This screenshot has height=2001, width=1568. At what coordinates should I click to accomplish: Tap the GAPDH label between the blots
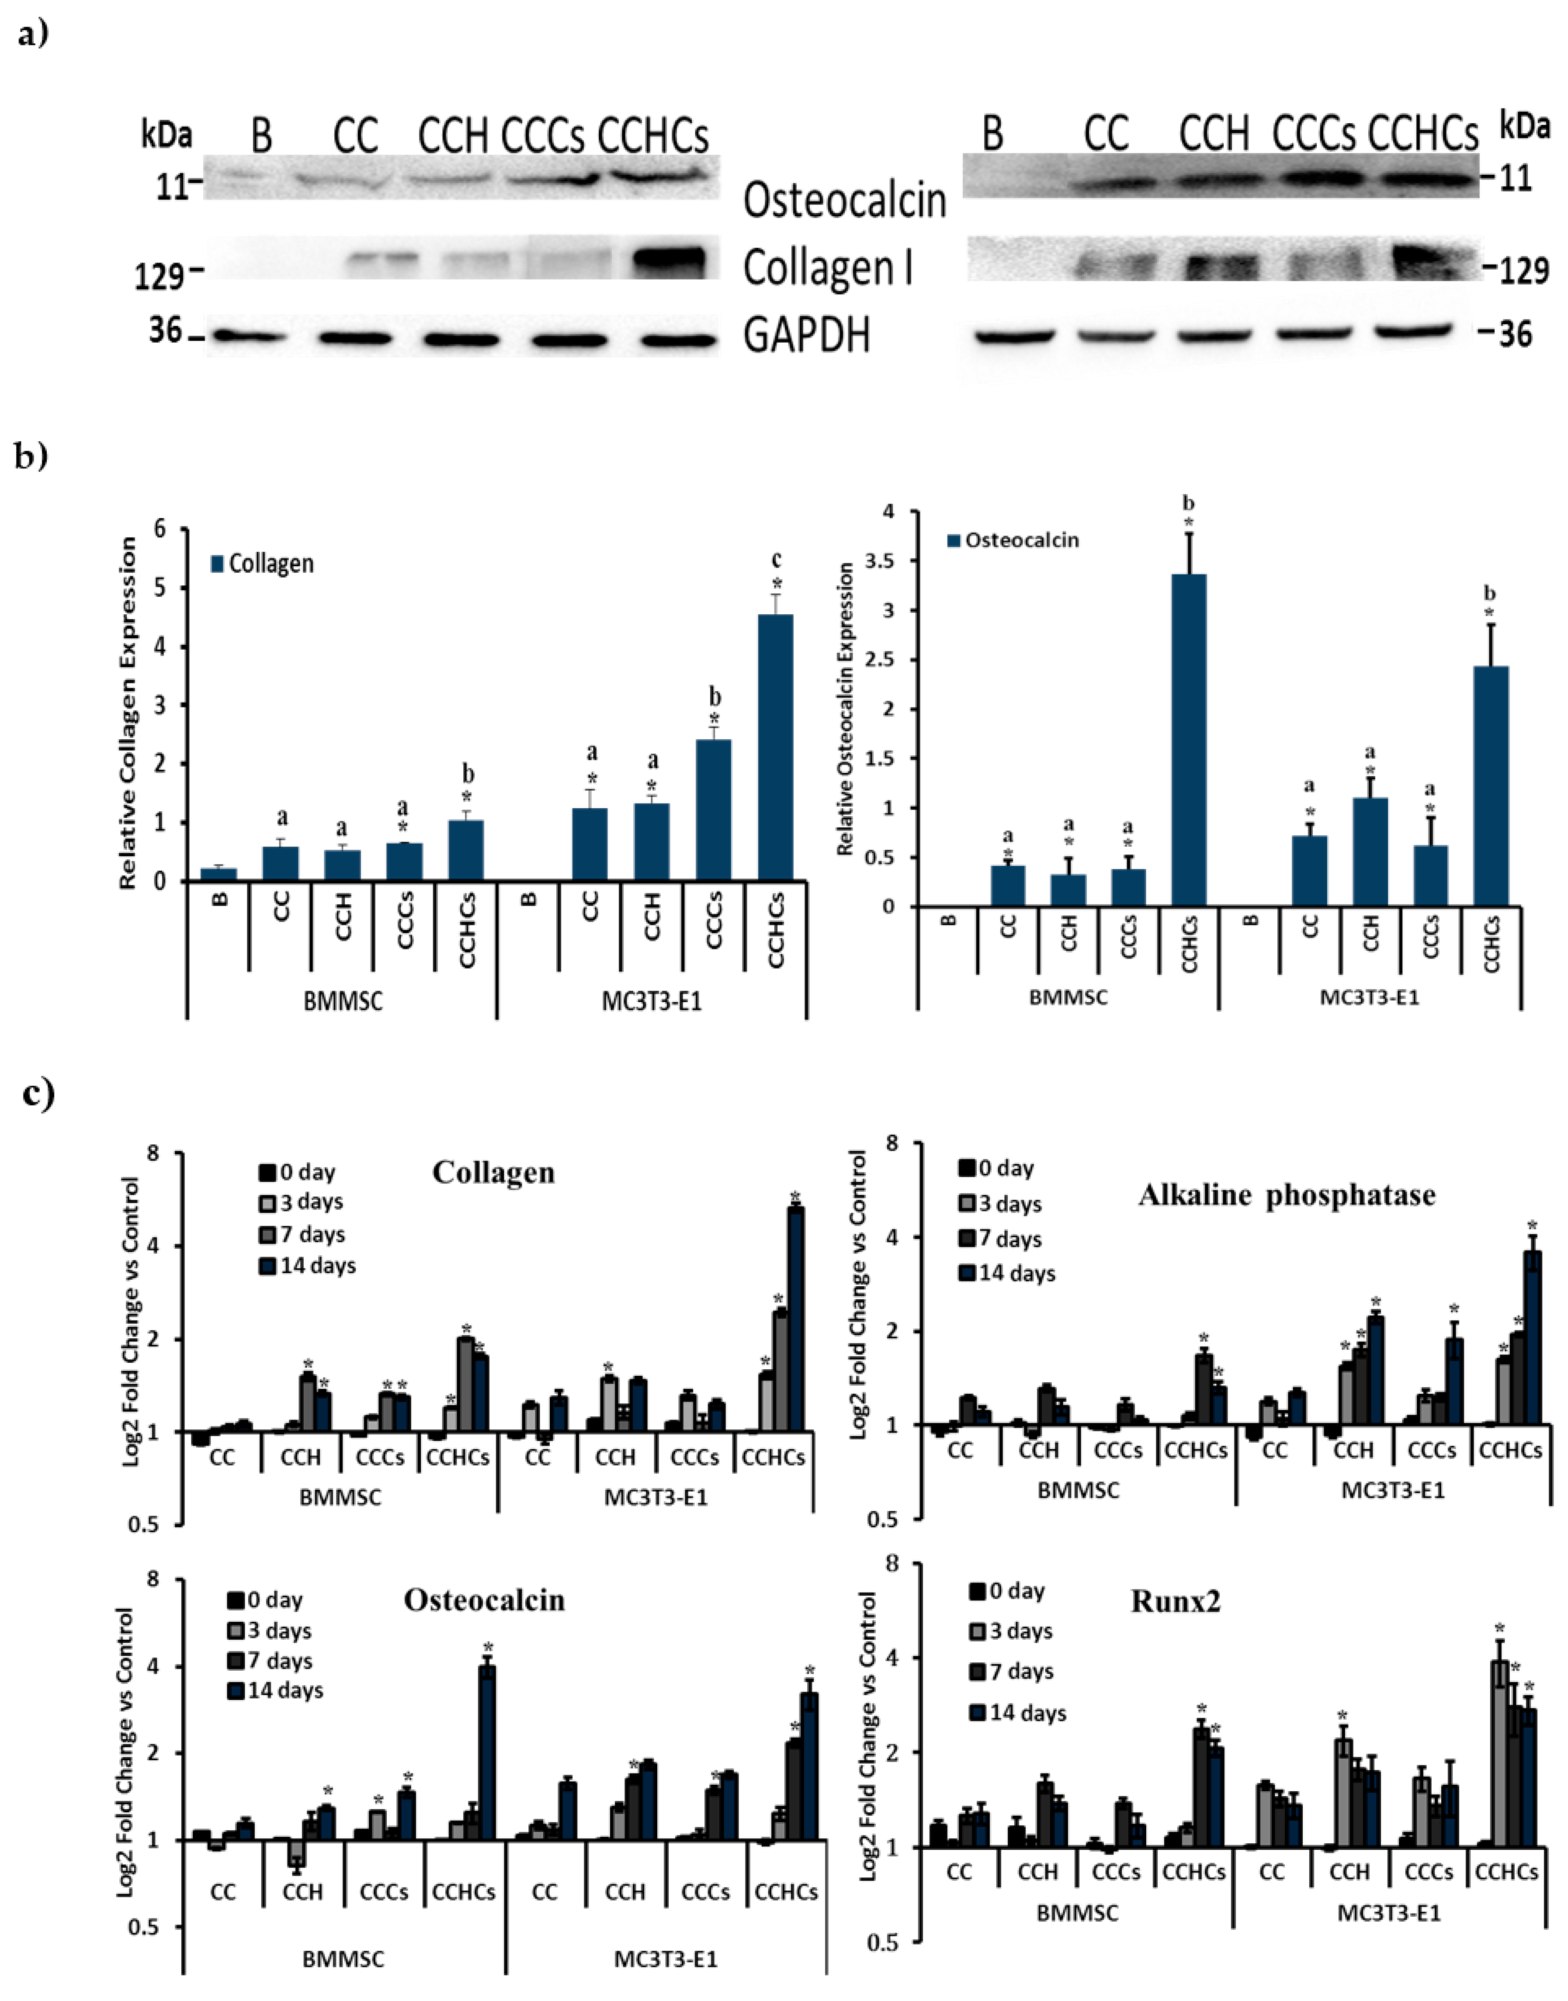[806, 336]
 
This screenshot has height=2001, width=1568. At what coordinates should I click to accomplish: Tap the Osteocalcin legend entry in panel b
[1012, 540]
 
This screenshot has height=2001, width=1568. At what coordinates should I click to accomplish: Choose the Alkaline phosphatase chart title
[1286, 1195]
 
